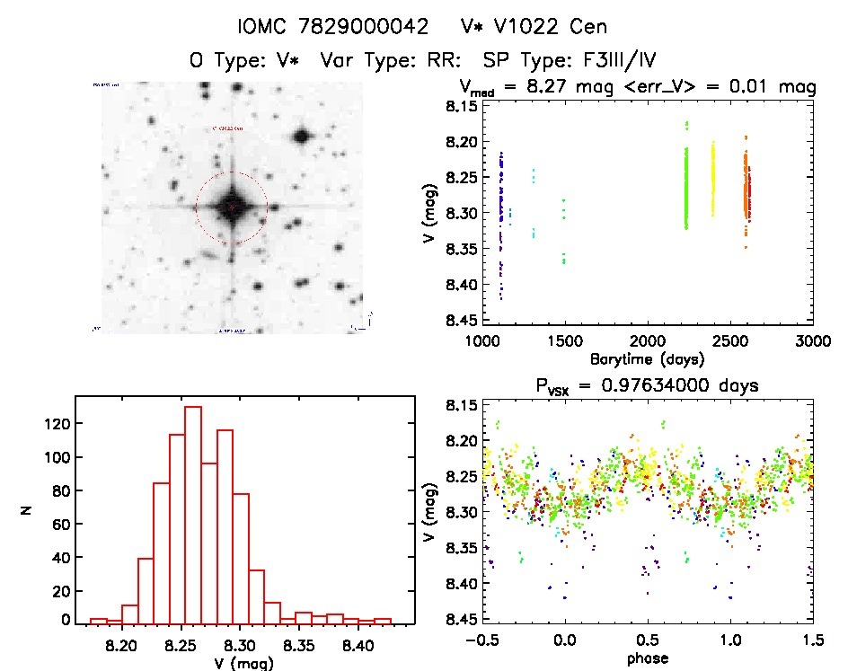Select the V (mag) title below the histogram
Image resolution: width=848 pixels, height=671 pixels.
tap(239, 664)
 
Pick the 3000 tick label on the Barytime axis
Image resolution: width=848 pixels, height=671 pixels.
tap(812, 340)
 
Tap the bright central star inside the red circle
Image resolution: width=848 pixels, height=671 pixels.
tap(232, 206)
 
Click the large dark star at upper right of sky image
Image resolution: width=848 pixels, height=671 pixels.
tap(301, 137)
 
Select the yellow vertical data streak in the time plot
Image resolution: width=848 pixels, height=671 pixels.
tap(713, 180)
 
